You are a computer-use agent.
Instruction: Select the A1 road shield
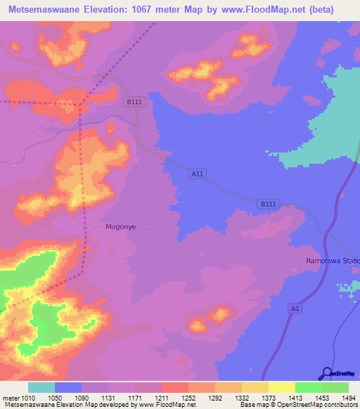tap(295, 308)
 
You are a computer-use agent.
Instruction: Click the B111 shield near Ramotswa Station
tap(268, 204)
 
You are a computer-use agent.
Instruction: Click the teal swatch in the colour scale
tap(41, 387)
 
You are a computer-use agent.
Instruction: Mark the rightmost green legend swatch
tap(335, 387)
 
